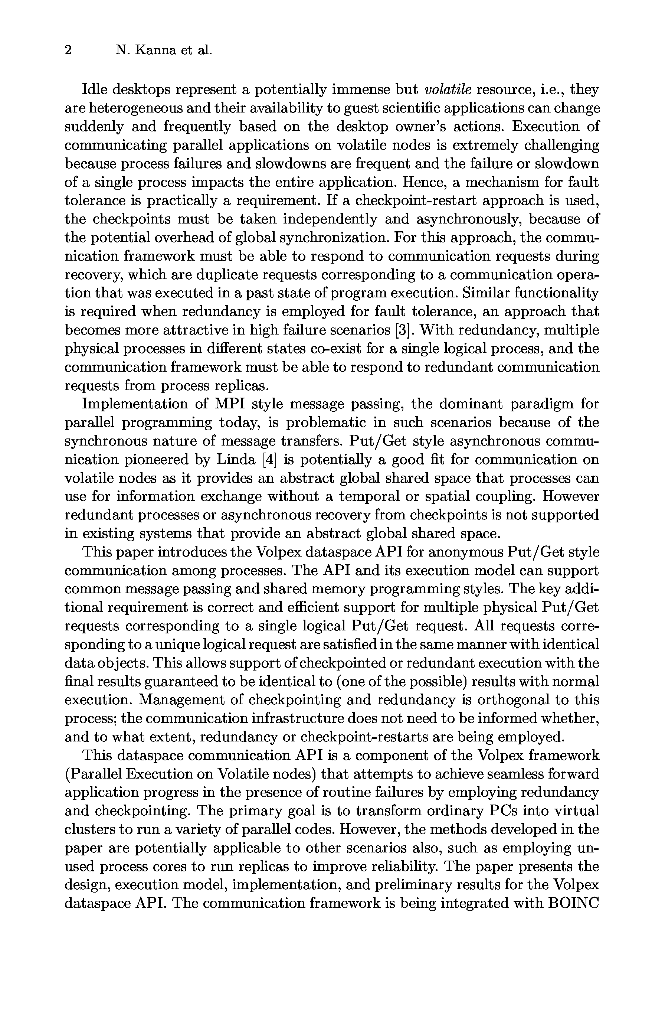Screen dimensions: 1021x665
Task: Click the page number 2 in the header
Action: pyautogui.click(x=68, y=50)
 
